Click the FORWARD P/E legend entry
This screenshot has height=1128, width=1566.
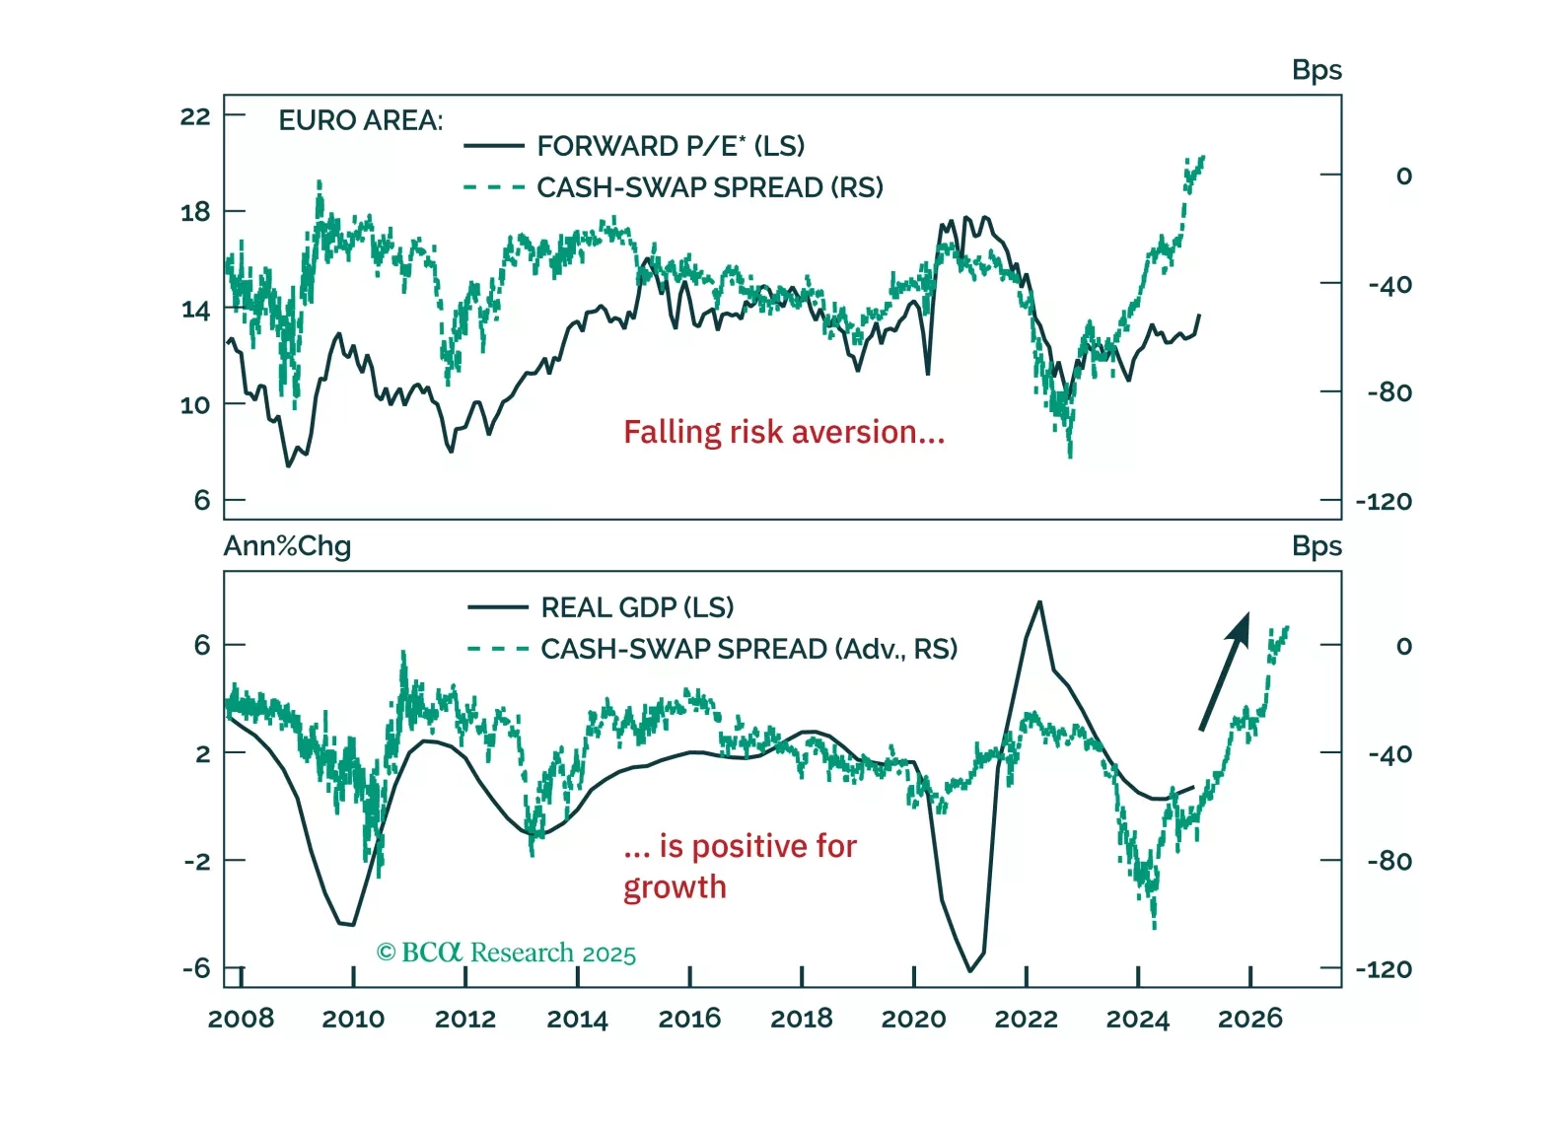click(x=671, y=146)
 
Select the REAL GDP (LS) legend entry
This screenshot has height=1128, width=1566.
click(x=637, y=607)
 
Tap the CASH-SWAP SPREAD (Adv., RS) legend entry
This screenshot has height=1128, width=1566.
click(x=748, y=649)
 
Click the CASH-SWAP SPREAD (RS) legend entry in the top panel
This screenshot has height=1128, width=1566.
click(x=709, y=187)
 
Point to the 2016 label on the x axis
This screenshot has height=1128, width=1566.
click(x=689, y=1019)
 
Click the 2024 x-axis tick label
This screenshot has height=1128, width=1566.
click(x=1137, y=1019)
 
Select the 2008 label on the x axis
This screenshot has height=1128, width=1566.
click(x=242, y=1019)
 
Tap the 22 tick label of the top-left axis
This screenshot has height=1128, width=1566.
click(x=195, y=116)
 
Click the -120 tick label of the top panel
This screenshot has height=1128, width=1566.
click(x=1384, y=502)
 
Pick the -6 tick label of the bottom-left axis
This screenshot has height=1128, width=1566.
click(x=196, y=968)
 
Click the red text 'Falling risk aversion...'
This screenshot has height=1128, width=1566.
click(x=784, y=432)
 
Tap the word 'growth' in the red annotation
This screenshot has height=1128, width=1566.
click(x=675, y=887)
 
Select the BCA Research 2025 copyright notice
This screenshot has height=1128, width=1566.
click(x=506, y=952)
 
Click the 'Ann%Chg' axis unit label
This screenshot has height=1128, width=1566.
click(x=287, y=546)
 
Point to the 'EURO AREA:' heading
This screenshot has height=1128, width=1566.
click(x=361, y=120)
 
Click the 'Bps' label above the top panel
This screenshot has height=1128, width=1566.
click(x=1317, y=70)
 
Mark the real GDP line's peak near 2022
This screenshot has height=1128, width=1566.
click(x=1039, y=601)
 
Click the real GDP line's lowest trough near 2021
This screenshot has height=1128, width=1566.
click(x=970, y=971)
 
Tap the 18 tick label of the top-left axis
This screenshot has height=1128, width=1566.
click(x=195, y=212)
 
